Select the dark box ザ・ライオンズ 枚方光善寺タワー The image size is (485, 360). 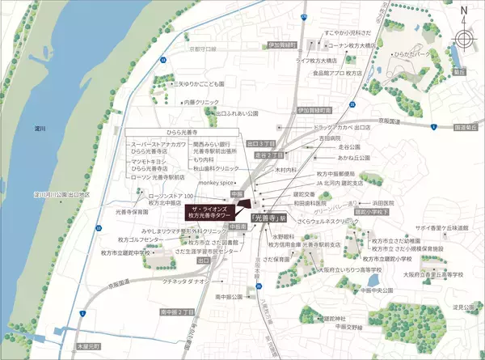pyautogui.click(x=211, y=213)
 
